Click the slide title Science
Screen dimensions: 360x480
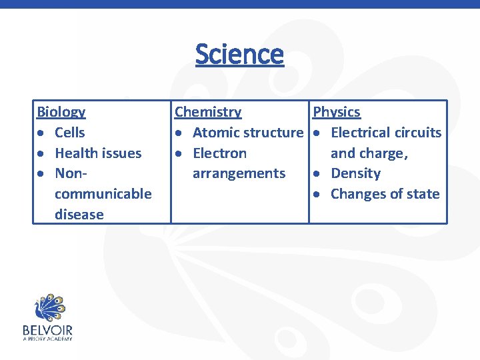pos(239,54)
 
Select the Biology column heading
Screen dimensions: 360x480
pos(61,112)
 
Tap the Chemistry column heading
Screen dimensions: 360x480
pos(208,112)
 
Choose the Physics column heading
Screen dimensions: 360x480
pos(337,112)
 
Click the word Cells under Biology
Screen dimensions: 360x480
pos(70,133)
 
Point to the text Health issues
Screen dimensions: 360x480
pos(98,153)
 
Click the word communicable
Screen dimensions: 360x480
pos(103,194)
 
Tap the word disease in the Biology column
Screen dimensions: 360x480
pos(79,215)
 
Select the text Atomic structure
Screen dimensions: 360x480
pos(247,133)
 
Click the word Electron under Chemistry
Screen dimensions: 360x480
pos(219,153)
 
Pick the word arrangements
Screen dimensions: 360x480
pos(239,173)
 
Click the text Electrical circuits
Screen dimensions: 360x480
pos(386,133)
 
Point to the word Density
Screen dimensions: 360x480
pos(355,173)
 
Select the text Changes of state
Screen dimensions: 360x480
pos(385,194)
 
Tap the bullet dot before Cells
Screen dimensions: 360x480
pos(41,133)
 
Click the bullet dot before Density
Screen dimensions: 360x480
pos(317,174)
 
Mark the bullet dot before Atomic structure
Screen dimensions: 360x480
pos(179,133)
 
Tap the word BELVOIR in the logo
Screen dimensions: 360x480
pos(47,330)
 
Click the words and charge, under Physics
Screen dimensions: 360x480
pos(369,153)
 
